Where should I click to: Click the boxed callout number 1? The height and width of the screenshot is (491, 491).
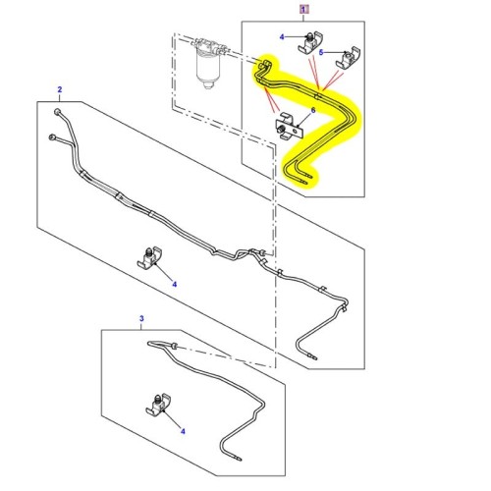pos(304,9)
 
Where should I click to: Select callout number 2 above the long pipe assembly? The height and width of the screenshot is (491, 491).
pos(60,89)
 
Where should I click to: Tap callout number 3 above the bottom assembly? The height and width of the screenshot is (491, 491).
pos(141,318)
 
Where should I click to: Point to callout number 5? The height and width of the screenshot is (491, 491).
pos(321,52)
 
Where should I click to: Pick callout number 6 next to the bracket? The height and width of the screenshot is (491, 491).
pos(313,110)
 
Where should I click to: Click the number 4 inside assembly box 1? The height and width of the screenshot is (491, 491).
pos(282,37)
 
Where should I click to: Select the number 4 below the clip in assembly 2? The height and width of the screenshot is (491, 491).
pos(175,285)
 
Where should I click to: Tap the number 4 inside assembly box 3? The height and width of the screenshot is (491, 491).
pos(183,431)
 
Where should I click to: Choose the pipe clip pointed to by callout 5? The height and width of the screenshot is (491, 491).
pos(349,58)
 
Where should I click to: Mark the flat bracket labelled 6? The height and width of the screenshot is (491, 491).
pos(290,126)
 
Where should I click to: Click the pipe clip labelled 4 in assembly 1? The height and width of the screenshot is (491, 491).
pos(310,42)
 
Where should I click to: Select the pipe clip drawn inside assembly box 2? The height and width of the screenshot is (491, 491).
pos(150,258)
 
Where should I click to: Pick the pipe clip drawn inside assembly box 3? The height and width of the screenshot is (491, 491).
pos(159,406)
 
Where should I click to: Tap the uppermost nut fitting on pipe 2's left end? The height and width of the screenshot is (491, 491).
pos(57,112)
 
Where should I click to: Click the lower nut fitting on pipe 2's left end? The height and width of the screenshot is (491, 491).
pos(52,136)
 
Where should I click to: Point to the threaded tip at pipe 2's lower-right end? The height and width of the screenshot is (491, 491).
pos(312,356)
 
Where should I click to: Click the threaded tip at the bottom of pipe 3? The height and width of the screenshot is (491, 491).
pos(237,458)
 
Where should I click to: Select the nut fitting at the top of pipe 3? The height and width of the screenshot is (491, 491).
pos(173,346)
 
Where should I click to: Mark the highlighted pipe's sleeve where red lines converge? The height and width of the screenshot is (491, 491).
pos(317,95)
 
